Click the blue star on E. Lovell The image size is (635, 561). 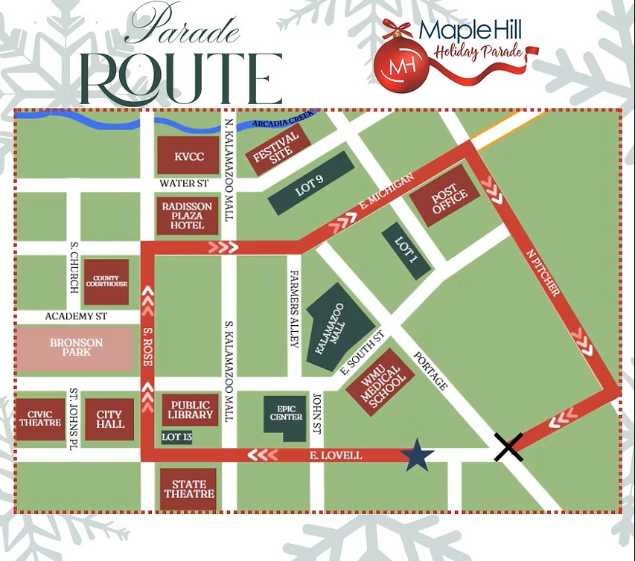tap(418, 454)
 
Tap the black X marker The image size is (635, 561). tap(508, 446)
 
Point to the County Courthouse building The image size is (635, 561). tap(106, 283)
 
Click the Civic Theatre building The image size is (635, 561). tap(39, 419)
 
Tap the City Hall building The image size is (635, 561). tap(109, 420)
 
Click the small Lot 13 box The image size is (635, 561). tap(176, 437)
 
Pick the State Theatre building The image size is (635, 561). tap(189, 489)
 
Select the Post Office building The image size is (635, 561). tap(450, 196)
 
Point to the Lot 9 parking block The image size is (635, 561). tap(311, 183)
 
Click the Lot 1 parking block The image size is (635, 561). tap(405, 251)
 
